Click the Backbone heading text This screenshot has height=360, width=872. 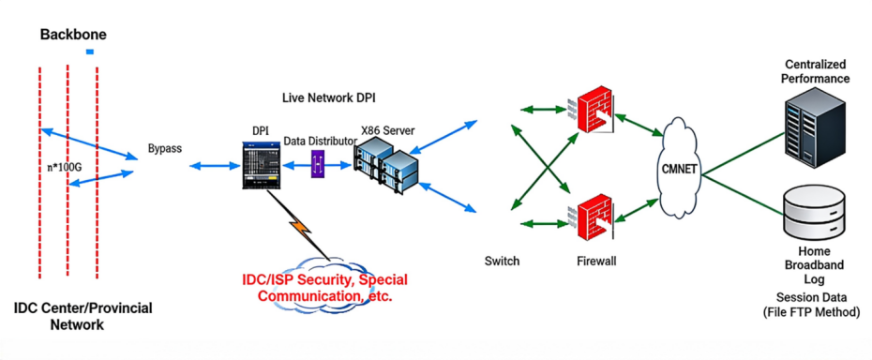(73, 35)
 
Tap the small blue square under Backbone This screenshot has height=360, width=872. (89, 52)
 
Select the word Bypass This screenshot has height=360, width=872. (165, 149)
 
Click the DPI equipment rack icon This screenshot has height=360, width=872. (259, 168)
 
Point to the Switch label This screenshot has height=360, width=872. (502, 261)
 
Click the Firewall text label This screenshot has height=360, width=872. (596, 261)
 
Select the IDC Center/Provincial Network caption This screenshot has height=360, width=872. (83, 316)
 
